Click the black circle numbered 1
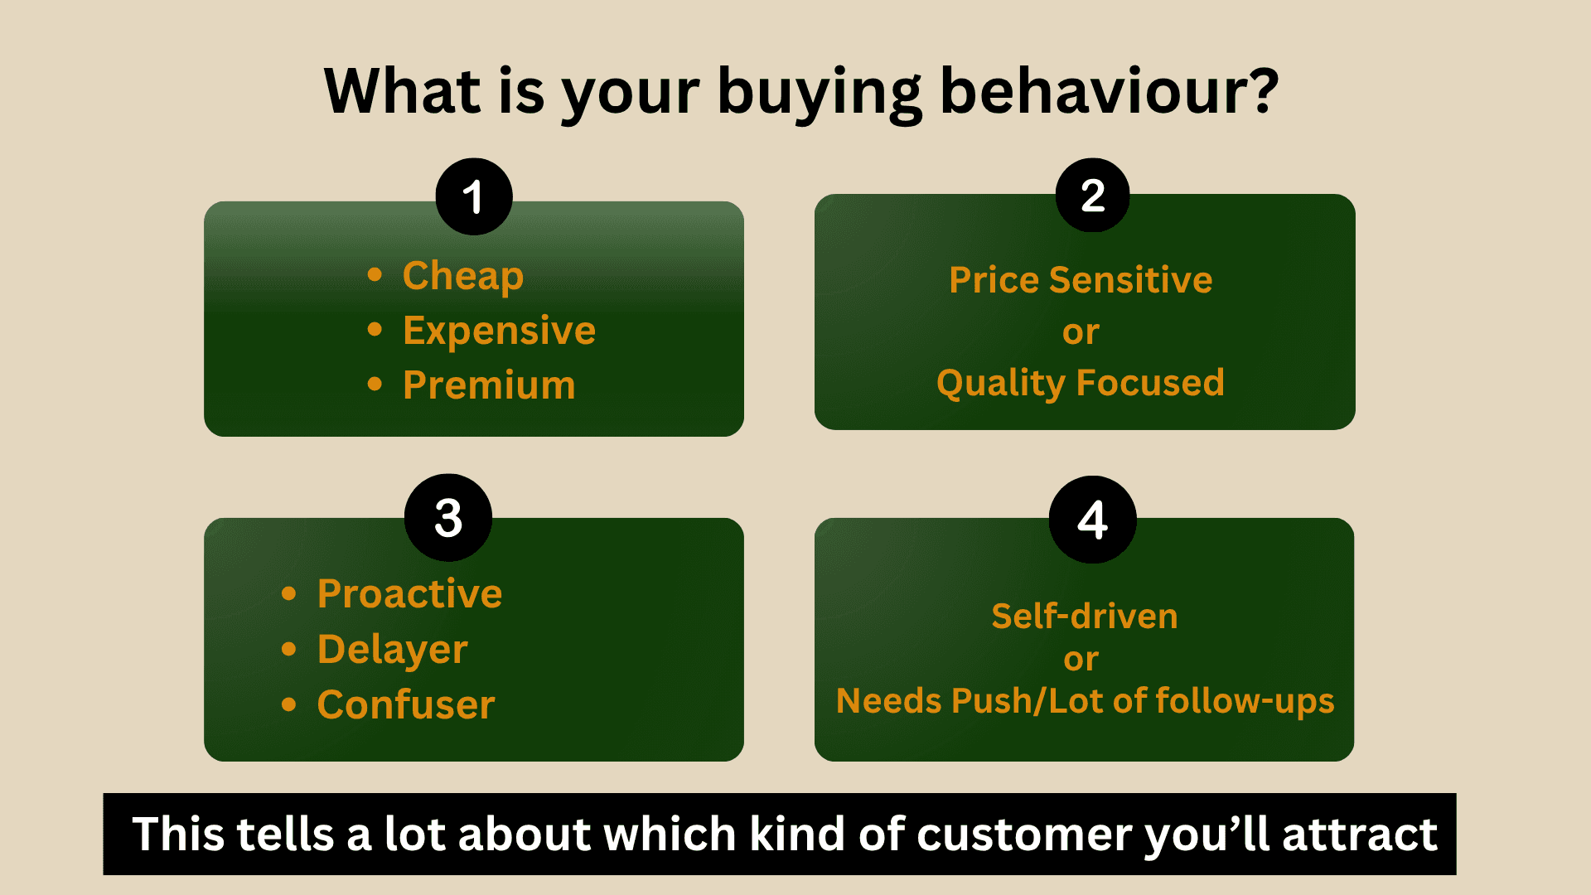tap(474, 196)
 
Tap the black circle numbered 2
tap(1093, 196)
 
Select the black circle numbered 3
tap(448, 518)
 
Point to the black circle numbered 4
tap(1093, 520)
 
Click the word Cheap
tap(463, 276)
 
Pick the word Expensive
tap(500, 331)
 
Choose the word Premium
tap(489, 385)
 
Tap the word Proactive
tap(410, 594)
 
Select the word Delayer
tap(393, 650)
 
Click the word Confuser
tap(406, 705)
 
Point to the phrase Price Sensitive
tap(1081, 280)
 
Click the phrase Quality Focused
tap(1081, 383)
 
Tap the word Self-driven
tap(1085, 617)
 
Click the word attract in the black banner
tap(1360, 835)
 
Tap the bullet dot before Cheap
tap(375, 274)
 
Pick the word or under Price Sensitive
tap(1081, 332)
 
